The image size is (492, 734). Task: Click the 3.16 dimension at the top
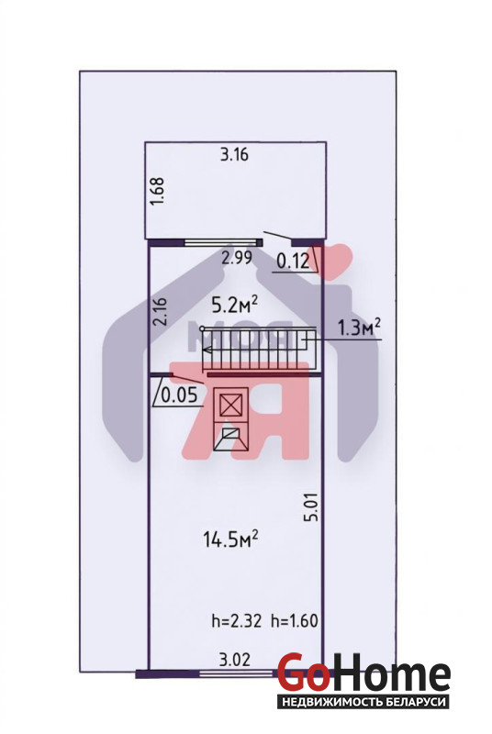click(x=235, y=154)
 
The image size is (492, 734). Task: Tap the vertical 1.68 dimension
click(x=157, y=191)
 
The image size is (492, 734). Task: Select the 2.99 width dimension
click(x=237, y=258)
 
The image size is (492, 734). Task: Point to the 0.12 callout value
click(x=293, y=261)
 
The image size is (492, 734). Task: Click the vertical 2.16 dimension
click(x=160, y=311)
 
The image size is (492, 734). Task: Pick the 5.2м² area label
click(x=235, y=306)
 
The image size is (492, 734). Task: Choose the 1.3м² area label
click(x=359, y=328)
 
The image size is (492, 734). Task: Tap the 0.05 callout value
click(x=179, y=396)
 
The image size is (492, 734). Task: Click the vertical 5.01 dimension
click(x=313, y=506)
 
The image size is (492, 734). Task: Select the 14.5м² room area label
click(x=230, y=539)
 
